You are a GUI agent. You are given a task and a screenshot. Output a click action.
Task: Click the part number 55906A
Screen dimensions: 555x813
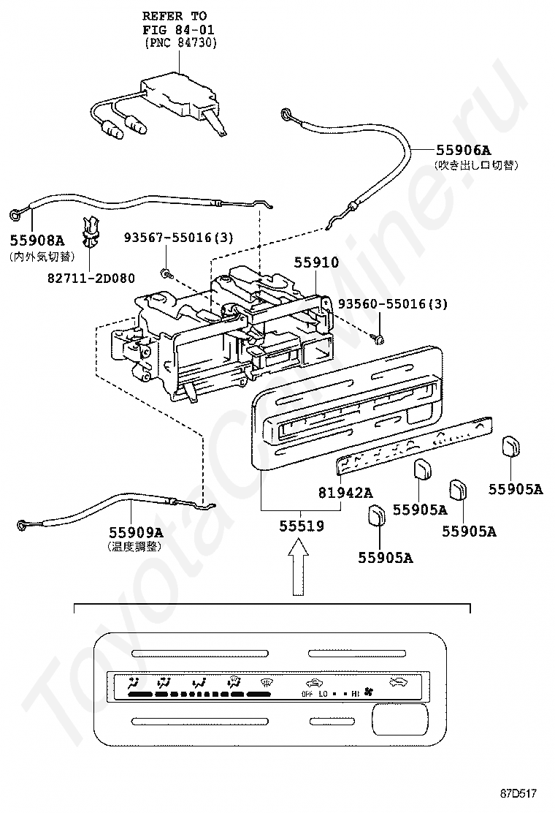pyautogui.click(x=463, y=151)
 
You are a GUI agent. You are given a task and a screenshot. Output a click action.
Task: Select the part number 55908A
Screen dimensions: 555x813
pyautogui.click(x=37, y=240)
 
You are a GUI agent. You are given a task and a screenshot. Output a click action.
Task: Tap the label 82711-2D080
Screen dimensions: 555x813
pyautogui.click(x=91, y=279)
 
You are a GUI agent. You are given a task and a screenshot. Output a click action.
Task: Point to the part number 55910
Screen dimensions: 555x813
pyautogui.click(x=316, y=262)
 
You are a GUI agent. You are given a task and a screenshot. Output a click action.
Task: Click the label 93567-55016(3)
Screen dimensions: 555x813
pyautogui.click(x=178, y=238)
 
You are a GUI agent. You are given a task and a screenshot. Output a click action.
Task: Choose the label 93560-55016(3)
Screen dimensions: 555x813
pyautogui.click(x=392, y=304)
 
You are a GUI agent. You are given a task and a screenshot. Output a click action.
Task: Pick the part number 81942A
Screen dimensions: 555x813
pyautogui.click(x=345, y=493)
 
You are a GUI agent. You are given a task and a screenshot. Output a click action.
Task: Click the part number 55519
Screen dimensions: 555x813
pyautogui.click(x=302, y=526)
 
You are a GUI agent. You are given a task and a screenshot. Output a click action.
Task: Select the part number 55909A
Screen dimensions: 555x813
pyautogui.click(x=136, y=532)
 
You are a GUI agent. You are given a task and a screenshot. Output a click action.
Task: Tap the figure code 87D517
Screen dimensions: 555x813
pyautogui.click(x=518, y=793)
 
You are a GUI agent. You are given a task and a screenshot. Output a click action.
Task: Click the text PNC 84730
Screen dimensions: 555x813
pyautogui.click(x=180, y=43)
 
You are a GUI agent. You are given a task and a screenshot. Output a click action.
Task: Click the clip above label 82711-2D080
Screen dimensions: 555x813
pyautogui.click(x=90, y=232)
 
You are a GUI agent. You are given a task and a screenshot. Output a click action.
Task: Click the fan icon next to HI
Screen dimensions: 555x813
pyautogui.click(x=368, y=692)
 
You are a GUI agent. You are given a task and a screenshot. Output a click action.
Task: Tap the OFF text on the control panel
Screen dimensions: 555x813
pyautogui.click(x=307, y=694)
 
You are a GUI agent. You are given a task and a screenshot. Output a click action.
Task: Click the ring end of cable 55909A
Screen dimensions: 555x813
pyautogui.click(x=22, y=525)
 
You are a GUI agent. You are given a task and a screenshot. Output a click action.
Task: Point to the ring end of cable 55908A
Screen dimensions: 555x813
pyautogui.click(x=15, y=213)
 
